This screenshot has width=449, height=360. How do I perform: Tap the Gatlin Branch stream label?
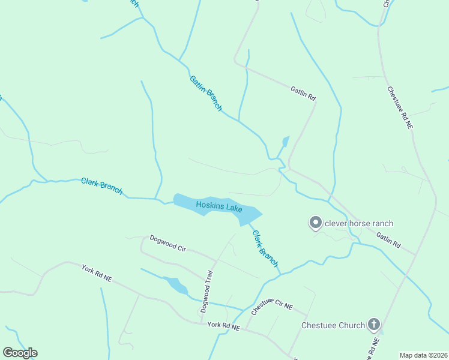click(x=206, y=93)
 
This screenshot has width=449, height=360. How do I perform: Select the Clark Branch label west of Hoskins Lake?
click(x=102, y=187)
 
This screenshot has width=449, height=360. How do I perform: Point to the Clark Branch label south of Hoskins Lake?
click(x=265, y=248)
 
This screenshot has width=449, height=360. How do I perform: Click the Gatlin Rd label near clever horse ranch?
click(x=388, y=241)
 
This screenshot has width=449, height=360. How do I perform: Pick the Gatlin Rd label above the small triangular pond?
click(x=303, y=93)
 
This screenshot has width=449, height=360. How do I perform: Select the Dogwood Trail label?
click(x=207, y=293)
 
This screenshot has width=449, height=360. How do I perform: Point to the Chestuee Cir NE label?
click(x=272, y=308)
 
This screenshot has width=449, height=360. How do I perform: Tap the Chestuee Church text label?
click(x=333, y=325)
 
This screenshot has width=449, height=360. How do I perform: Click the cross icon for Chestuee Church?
click(x=374, y=325)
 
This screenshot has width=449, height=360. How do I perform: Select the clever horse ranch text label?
click(x=359, y=224)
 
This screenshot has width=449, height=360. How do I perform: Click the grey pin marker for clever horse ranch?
click(x=315, y=223)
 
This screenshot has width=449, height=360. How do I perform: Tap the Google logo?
click(x=20, y=353)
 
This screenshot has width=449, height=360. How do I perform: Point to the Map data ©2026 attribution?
click(x=423, y=355)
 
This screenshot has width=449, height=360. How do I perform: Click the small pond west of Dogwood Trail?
click(x=175, y=285)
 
